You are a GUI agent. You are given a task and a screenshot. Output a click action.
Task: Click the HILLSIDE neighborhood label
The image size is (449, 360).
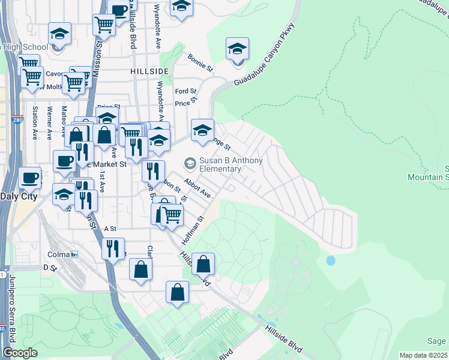pos(149,71)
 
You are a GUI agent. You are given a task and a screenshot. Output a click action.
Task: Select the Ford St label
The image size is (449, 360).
pos(182,91)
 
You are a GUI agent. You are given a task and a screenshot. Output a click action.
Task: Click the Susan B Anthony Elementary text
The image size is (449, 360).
pos(220,164)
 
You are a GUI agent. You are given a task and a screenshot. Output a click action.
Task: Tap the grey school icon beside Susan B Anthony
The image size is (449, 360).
pos(190,163)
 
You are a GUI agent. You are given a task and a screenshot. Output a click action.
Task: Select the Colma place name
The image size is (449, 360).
pos(58,254)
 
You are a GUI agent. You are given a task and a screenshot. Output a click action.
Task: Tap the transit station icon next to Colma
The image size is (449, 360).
pos(74,254)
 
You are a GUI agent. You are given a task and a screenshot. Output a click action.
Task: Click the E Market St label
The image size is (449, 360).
pos(109,164)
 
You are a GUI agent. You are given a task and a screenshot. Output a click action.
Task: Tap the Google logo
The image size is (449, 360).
pos(20,353)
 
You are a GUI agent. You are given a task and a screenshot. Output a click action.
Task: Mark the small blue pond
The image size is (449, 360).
pos(330,260)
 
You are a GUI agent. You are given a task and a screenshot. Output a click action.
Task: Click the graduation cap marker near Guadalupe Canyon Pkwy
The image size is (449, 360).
pos(238,49)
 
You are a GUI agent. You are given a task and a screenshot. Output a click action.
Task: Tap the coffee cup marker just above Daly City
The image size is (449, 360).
pos(30,178)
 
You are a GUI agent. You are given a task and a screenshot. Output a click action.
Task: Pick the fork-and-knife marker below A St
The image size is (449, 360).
pos(113,248)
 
